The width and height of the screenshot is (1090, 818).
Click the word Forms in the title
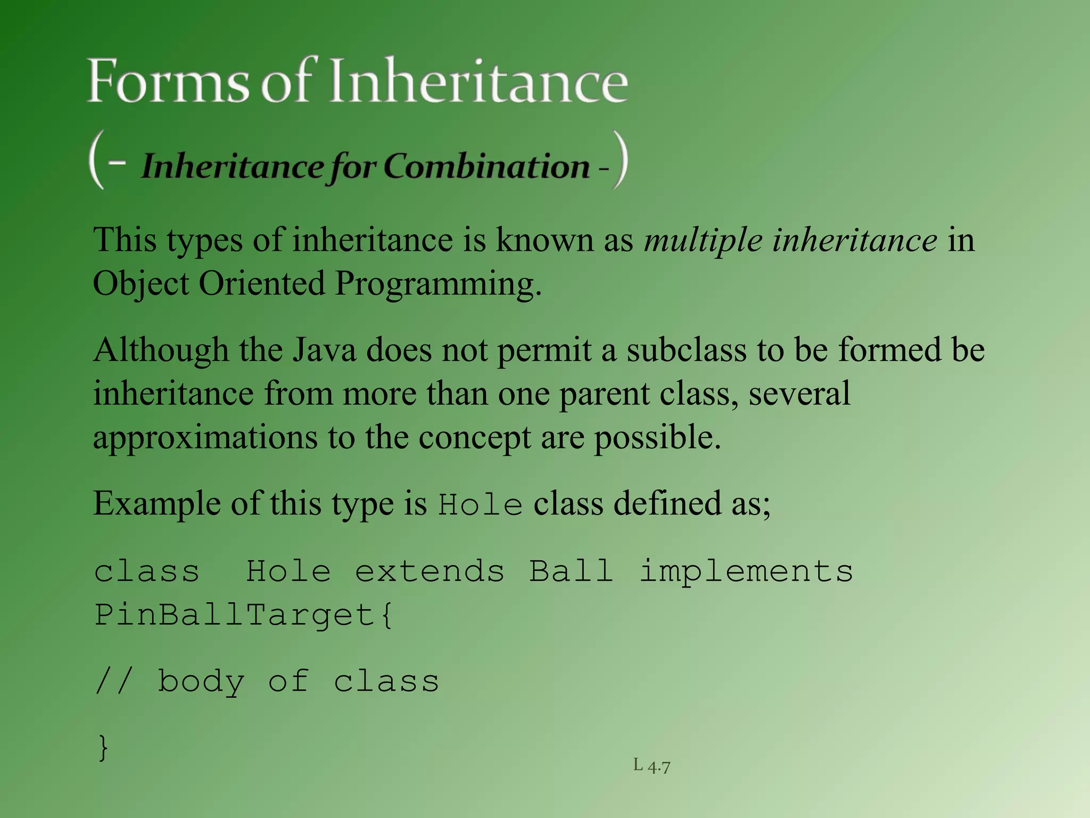[168, 81]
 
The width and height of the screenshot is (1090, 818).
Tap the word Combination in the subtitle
[486, 166]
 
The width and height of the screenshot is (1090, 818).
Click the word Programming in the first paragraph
[437, 283]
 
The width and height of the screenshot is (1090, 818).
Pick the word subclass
[687, 350]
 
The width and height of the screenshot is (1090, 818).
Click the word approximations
[205, 438]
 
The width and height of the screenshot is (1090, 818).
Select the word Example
[157, 503]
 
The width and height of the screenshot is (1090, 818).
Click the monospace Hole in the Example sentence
[480, 504]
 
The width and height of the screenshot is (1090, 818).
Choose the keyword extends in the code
[430, 571]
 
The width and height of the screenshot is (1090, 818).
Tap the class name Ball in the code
[571, 571]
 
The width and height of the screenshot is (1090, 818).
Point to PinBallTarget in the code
[235, 615]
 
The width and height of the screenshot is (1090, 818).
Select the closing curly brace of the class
[103, 747]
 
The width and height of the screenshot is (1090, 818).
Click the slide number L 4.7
[651, 766]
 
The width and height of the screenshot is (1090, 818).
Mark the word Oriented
[261, 283]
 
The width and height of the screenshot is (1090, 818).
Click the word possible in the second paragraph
[657, 438]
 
